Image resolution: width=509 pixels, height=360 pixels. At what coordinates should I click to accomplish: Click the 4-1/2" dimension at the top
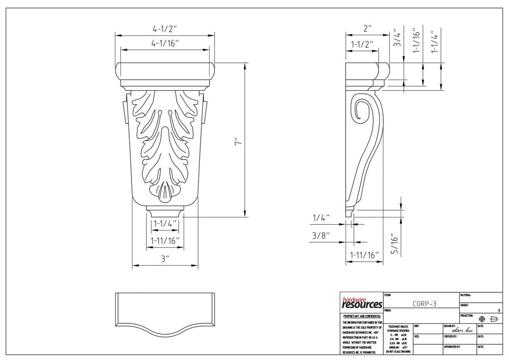click(165, 29)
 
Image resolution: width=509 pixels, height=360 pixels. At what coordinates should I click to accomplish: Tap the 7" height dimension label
click(238, 141)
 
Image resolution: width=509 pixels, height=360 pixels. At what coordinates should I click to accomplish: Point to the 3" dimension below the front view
click(165, 259)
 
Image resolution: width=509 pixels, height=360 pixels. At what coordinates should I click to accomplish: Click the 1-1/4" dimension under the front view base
click(165, 223)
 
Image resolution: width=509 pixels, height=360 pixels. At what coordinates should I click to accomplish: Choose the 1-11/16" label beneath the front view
click(165, 240)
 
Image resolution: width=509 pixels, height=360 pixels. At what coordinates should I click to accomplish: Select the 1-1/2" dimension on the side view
click(362, 44)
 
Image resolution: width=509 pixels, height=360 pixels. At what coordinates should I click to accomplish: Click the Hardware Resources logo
click(362, 303)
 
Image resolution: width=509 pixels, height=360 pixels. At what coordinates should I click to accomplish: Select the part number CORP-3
click(424, 304)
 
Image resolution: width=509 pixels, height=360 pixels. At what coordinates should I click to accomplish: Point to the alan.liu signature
click(462, 330)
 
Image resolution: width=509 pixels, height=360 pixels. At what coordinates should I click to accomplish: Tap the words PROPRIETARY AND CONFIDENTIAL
click(362, 317)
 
